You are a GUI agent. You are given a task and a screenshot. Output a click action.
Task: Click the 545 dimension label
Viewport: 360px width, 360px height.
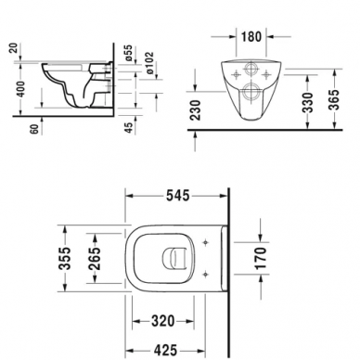pyautogui.click(x=177, y=196)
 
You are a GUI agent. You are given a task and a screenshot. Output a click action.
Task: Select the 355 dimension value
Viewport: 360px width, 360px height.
pyautogui.click(x=65, y=259)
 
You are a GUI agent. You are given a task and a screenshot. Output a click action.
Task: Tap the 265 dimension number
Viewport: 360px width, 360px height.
pyautogui.click(x=95, y=259)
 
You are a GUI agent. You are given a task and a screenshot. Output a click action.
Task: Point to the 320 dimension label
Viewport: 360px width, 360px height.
pyautogui.click(x=163, y=321)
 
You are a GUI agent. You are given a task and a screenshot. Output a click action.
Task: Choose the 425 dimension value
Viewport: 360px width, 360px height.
pyautogui.click(x=165, y=351)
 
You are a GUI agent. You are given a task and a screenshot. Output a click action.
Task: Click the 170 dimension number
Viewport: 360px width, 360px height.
pyautogui.click(x=261, y=259)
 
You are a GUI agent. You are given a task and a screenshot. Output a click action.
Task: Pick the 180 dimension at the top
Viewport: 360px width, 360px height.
pyautogui.click(x=251, y=37)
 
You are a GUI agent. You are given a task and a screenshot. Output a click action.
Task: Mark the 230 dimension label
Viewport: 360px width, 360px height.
pyautogui.click(x=196, y=109)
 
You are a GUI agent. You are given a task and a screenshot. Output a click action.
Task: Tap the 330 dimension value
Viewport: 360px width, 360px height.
pyautogui.click(x=308, y=102)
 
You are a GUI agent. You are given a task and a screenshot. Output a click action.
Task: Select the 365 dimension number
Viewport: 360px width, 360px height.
pyautogui.click(x=334, y=100)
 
